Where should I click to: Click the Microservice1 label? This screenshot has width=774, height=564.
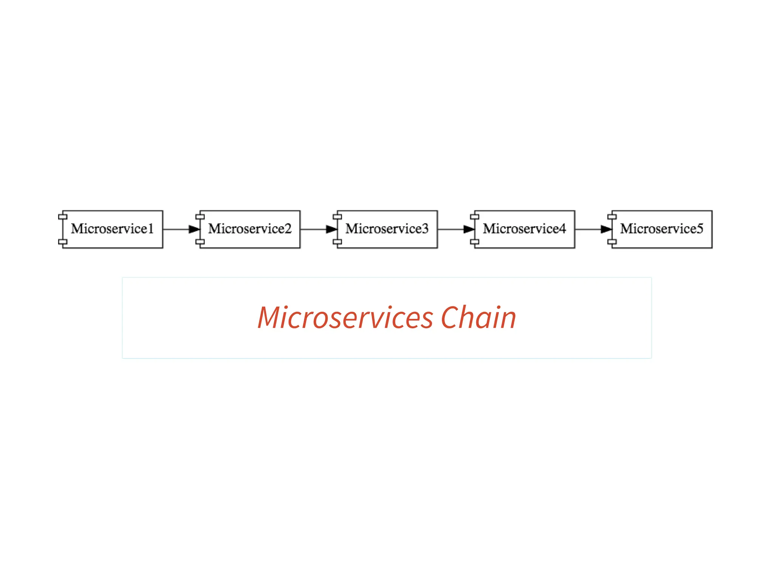112,229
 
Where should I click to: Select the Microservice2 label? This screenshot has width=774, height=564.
250,229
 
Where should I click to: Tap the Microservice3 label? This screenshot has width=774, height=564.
387,229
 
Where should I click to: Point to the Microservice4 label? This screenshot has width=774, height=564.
524,229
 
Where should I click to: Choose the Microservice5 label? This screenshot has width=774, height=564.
661,229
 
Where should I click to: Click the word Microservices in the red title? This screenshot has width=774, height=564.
345,318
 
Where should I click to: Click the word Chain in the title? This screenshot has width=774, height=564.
478,318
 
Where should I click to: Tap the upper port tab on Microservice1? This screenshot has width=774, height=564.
63,216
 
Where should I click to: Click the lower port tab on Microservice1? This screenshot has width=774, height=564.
63,242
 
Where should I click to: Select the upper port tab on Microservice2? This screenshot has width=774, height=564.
200,216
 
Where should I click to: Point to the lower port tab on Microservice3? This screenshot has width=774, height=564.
337,242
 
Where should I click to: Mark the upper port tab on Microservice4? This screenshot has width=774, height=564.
475,216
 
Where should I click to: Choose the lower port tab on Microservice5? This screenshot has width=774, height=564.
612,242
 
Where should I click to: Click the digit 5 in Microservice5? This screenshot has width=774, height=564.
700,229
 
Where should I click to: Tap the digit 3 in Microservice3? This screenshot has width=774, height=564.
425,229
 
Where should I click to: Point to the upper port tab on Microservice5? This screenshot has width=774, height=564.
612,216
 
